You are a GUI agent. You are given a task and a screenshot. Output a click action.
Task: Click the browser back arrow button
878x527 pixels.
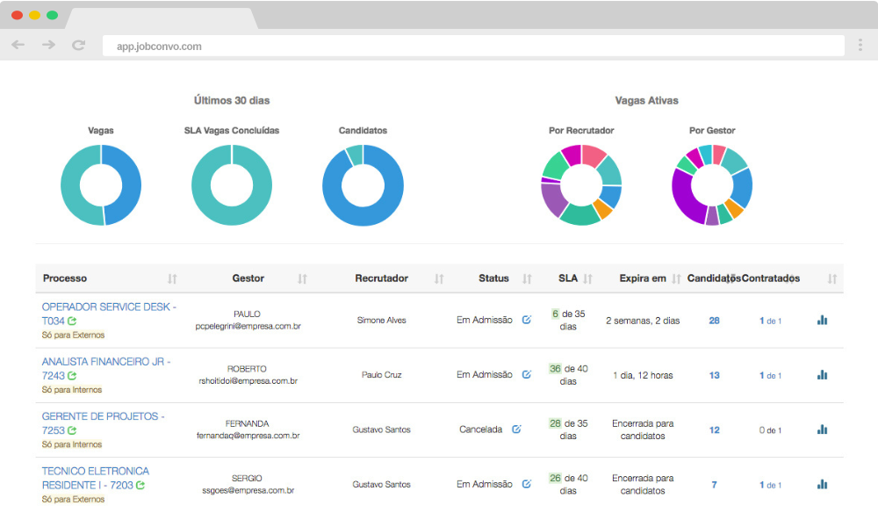18,45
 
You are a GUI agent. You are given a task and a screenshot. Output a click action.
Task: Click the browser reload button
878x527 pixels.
78,45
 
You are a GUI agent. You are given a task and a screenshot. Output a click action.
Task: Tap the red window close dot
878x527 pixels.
17,15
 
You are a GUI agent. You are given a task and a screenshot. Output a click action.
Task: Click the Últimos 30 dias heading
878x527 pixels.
232,101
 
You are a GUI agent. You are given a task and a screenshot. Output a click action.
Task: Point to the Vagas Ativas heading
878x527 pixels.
646,101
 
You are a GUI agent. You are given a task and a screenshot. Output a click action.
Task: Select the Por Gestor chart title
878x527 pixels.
712,131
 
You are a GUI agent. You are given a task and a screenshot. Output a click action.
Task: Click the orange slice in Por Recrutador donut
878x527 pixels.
602,208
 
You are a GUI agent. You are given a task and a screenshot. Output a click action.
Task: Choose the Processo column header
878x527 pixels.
65,278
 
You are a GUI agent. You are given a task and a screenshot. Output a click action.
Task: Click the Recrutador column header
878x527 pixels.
381,278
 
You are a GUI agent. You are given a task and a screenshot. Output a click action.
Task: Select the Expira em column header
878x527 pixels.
643,278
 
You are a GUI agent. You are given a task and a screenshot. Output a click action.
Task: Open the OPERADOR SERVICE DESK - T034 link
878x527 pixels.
109,307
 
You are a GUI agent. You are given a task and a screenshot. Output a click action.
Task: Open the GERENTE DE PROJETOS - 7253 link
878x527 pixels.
103,417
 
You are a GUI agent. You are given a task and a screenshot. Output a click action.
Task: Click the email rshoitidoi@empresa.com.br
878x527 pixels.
248,381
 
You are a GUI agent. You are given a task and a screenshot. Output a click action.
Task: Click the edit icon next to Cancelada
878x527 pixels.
516,430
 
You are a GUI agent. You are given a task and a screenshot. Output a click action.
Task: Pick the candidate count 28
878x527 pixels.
714,321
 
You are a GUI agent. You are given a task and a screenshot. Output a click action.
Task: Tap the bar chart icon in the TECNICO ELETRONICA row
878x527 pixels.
822,484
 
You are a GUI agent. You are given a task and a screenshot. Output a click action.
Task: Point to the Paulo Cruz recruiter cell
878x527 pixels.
381,375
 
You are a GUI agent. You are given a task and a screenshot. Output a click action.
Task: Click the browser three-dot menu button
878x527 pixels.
859,45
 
